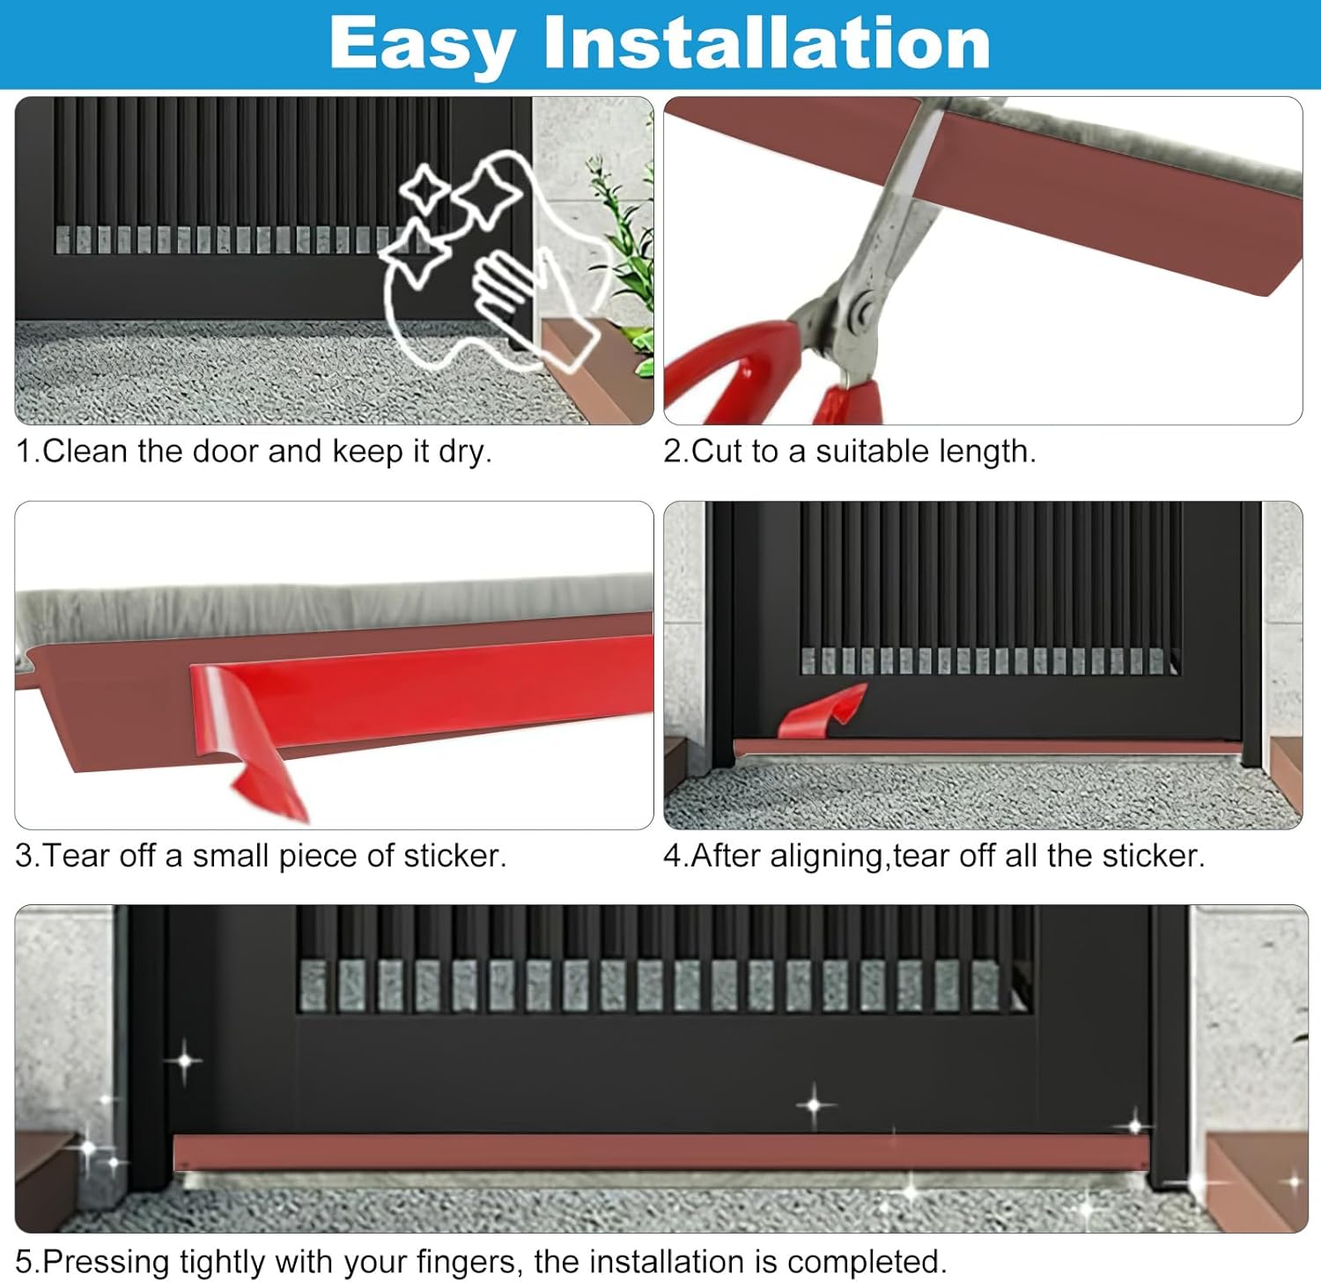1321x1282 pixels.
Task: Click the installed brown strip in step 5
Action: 660,1152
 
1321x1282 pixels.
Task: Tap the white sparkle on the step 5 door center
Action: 815,1104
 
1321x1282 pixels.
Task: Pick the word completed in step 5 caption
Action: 855,1262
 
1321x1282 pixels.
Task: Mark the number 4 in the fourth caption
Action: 673,856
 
